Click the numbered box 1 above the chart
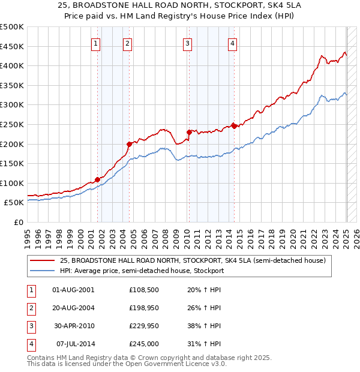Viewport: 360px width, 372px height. pos(97,43)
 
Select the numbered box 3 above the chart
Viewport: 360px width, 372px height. pos(188,43)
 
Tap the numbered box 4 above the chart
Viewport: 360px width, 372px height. pos(232,43)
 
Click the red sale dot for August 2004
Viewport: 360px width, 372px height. pos(129,144)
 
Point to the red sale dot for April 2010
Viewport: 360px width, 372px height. pos(189,132)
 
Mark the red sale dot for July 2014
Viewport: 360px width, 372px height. pos(234,126)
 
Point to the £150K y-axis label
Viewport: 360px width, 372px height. pos(13,163)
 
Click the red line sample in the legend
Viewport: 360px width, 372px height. pos(43,261)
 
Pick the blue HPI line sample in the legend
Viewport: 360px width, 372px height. pos(43,271)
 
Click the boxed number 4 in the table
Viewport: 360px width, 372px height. pos(31,344)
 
